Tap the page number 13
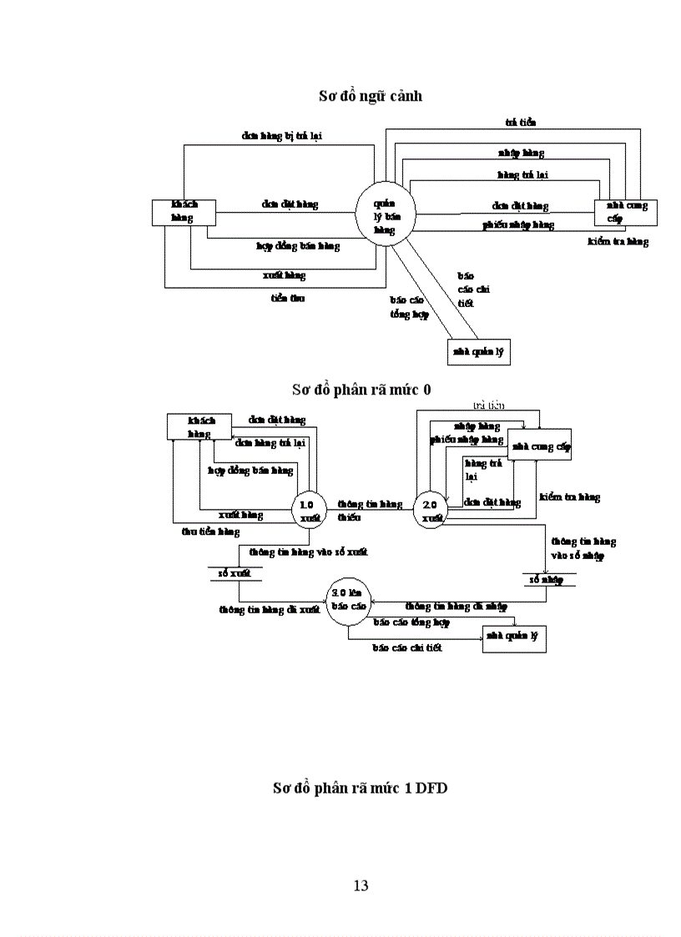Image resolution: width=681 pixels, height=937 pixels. [361, 885]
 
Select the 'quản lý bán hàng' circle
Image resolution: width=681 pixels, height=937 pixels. [384, 216]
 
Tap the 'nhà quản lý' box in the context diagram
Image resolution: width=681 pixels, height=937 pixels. [478, 352]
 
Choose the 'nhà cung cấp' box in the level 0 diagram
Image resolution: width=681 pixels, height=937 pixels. [542, 447]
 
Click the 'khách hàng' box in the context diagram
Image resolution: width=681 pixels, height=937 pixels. [184, 212]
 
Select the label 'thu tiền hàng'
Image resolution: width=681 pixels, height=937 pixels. [210, 531]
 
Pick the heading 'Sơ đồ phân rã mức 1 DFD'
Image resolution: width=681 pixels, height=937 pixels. [360, 788]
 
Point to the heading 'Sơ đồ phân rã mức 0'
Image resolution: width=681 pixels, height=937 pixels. [361, 390]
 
